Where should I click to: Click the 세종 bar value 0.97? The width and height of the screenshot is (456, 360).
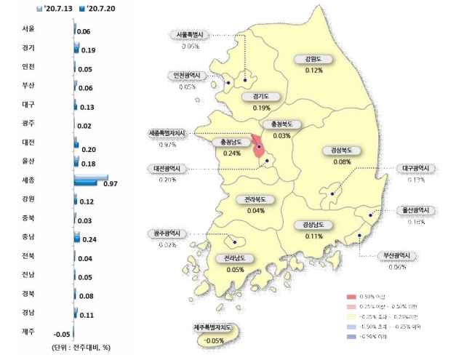coord(111,184)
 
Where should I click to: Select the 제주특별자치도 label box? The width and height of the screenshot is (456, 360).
coord(214,329)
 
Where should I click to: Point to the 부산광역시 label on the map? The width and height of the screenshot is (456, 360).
coord(397,256)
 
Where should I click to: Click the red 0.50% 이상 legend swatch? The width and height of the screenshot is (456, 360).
coord(353,297)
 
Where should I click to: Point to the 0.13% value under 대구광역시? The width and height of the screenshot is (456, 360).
coord(416,180)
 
